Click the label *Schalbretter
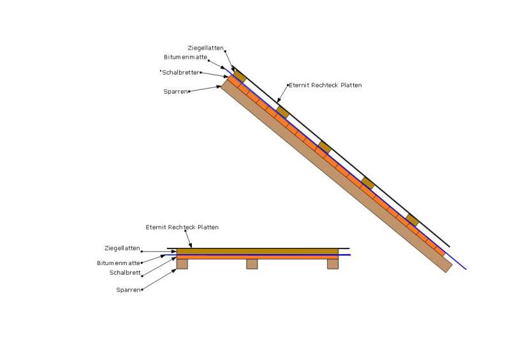[180, 72]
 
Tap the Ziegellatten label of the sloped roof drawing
[205, 48]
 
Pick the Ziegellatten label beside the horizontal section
[122, 248]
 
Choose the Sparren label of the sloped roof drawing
[175, 92]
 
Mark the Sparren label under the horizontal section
[128, 290]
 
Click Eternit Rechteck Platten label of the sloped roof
[325, 85]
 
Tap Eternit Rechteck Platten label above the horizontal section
[182, 227]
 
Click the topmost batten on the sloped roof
[239, 76]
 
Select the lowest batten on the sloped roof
[412, 220]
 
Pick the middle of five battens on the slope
[325, 147]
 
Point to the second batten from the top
[282, 112]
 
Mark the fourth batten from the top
[368, 183]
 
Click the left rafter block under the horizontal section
[182, 264]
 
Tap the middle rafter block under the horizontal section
[252, 264]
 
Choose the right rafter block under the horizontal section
[333, 264]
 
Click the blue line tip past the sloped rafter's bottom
[465, 268]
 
